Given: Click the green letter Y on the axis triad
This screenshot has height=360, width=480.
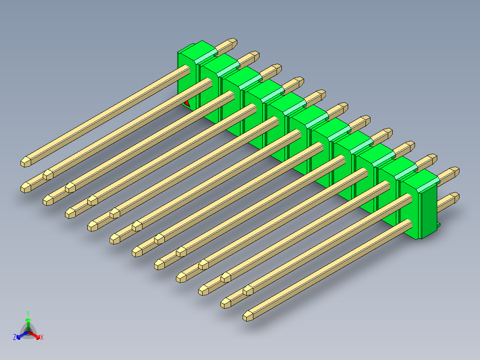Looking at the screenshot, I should pos(28,313).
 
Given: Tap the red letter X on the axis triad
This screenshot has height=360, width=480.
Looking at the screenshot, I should pos(42,338).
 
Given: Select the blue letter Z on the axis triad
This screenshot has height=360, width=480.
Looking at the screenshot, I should pos(15,338).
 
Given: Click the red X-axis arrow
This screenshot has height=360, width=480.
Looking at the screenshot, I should pos(37,335).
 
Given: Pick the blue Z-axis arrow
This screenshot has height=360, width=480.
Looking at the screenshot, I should pos(20,335).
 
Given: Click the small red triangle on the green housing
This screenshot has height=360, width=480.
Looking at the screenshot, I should pos(187,103).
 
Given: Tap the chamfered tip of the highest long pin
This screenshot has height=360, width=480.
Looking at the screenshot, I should pos(25,162).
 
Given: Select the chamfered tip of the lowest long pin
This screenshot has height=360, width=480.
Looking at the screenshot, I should pos(248,316).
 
